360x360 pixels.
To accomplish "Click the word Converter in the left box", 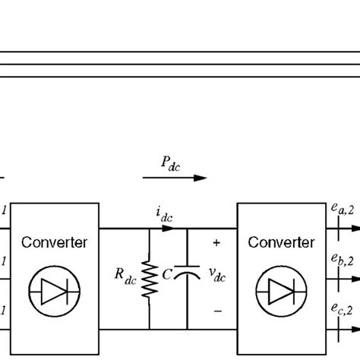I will tap(54, 243).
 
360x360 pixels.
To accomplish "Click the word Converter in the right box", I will tap(281, 243).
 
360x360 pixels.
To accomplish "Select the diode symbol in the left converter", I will tap(54, 289).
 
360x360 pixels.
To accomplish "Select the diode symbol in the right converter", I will tap(281, 289).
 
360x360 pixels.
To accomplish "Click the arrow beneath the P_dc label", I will tap(175, 178).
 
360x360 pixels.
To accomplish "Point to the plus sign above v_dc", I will tap(216, 244).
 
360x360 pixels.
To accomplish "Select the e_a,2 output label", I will tap(344, 210).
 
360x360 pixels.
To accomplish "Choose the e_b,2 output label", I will tap(344, 262).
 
